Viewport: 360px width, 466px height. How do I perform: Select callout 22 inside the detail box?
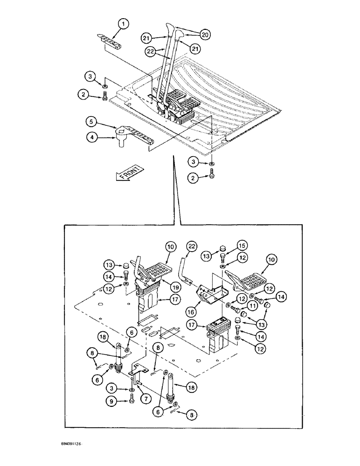(x=192, y=246)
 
